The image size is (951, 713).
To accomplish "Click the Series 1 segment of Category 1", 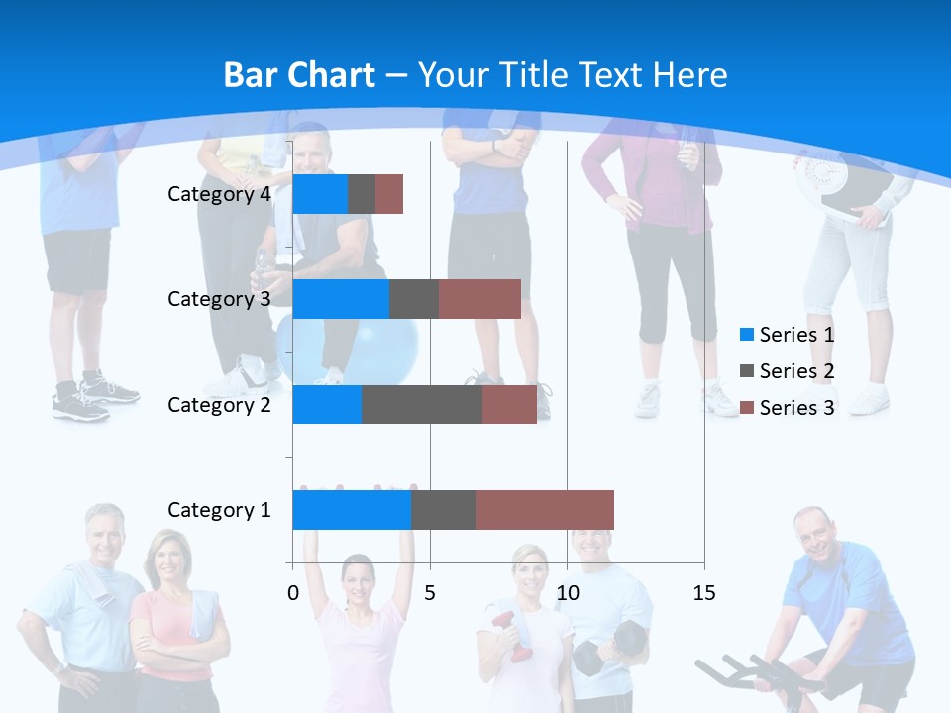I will [352, 510].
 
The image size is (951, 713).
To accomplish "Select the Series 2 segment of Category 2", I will [422, 404].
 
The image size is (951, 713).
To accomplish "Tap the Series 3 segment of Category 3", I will [479, 299].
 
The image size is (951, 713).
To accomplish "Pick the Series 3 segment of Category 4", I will [389, 194].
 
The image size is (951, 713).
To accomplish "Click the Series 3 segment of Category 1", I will [545, 510].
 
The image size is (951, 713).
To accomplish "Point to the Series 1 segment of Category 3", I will [341, 299].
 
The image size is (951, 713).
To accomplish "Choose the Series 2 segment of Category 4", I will [362, 194].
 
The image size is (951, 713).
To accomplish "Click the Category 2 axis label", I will [219, 404].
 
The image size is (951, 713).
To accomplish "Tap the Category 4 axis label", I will [219, 194].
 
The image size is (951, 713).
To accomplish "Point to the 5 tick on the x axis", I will [430, 593].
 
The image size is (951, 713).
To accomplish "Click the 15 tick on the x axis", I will [704, 593].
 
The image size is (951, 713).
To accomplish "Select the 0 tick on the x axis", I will [293, 593].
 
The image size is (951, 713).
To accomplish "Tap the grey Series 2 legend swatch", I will [747, 371].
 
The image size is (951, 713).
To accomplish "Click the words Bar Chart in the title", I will [299, 75].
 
